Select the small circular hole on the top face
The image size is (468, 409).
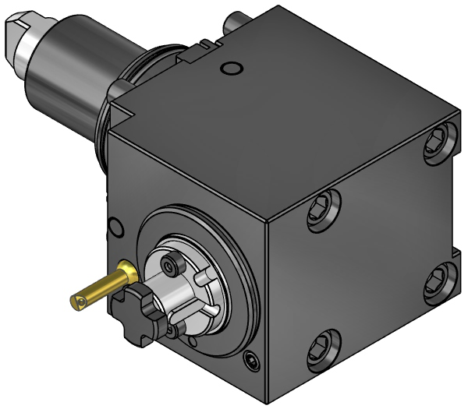coord(229,70)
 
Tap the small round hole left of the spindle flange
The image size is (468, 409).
coord(115,227)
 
